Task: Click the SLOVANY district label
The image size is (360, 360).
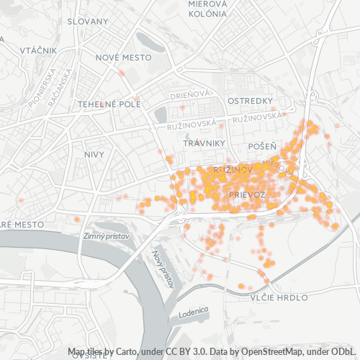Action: tap(87, 22)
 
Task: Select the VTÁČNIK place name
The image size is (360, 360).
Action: tap(38, 50)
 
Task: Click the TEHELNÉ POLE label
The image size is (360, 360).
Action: tap(109, 104)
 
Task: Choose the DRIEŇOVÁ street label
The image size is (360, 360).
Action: tap(190, 94)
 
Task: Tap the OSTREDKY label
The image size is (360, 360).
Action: tap(248, 100)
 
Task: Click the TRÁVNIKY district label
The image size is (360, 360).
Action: tap(205, 143)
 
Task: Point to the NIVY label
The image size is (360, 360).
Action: tap(94, 155)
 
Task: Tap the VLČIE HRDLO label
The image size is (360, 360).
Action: tap(279, 297)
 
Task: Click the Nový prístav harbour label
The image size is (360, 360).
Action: tap(164, 269)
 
